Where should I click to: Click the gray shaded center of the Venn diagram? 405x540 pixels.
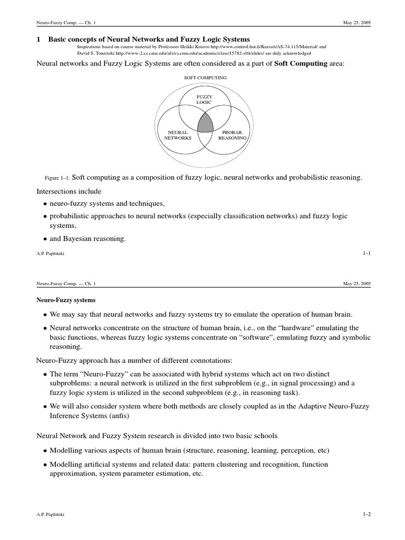point(205,123)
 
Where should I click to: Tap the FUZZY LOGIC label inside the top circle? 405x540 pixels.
point(204,100)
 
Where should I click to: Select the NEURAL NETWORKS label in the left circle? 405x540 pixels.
point(175,134)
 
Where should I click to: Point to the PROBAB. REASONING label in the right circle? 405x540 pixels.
point(233,134)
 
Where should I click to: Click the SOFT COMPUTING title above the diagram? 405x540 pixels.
point(205,78)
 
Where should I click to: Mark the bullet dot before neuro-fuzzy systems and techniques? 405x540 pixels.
point(44,204)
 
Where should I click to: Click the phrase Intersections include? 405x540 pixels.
point(69,191)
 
